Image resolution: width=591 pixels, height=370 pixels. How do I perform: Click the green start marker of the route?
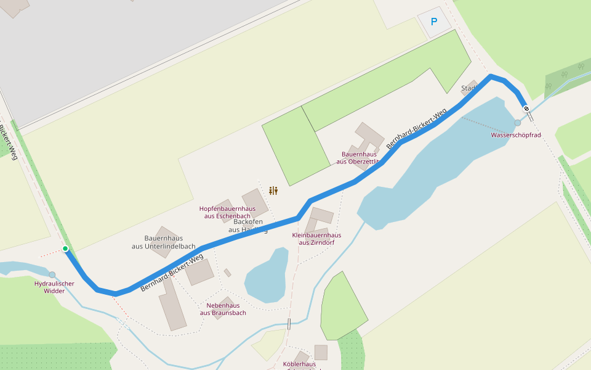click(65, 249)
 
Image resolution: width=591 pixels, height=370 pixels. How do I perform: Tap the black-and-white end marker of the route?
click(526, 109)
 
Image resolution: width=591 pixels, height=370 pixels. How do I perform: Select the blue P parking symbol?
click(434, 22)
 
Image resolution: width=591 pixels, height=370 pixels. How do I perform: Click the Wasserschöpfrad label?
click(515, 134)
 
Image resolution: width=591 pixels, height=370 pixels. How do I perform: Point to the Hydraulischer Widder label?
click(54, 287)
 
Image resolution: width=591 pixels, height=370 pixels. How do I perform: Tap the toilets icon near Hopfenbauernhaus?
click(273, 191)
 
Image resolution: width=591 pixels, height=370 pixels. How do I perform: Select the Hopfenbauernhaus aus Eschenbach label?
click(227, 212)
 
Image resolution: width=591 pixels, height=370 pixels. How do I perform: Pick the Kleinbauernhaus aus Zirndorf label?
click(316, 239)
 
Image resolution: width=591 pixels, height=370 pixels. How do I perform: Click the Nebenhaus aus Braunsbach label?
click(223, 309)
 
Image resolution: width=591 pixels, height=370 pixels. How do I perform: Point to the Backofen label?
click(248, 221)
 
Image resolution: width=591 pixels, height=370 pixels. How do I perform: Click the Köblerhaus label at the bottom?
click(299, 364)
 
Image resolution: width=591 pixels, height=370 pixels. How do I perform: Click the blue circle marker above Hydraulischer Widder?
click(52, 275)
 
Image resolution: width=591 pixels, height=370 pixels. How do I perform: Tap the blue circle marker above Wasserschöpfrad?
click(517, 123)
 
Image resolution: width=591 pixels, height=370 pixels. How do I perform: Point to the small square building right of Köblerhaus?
click(321, 352)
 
